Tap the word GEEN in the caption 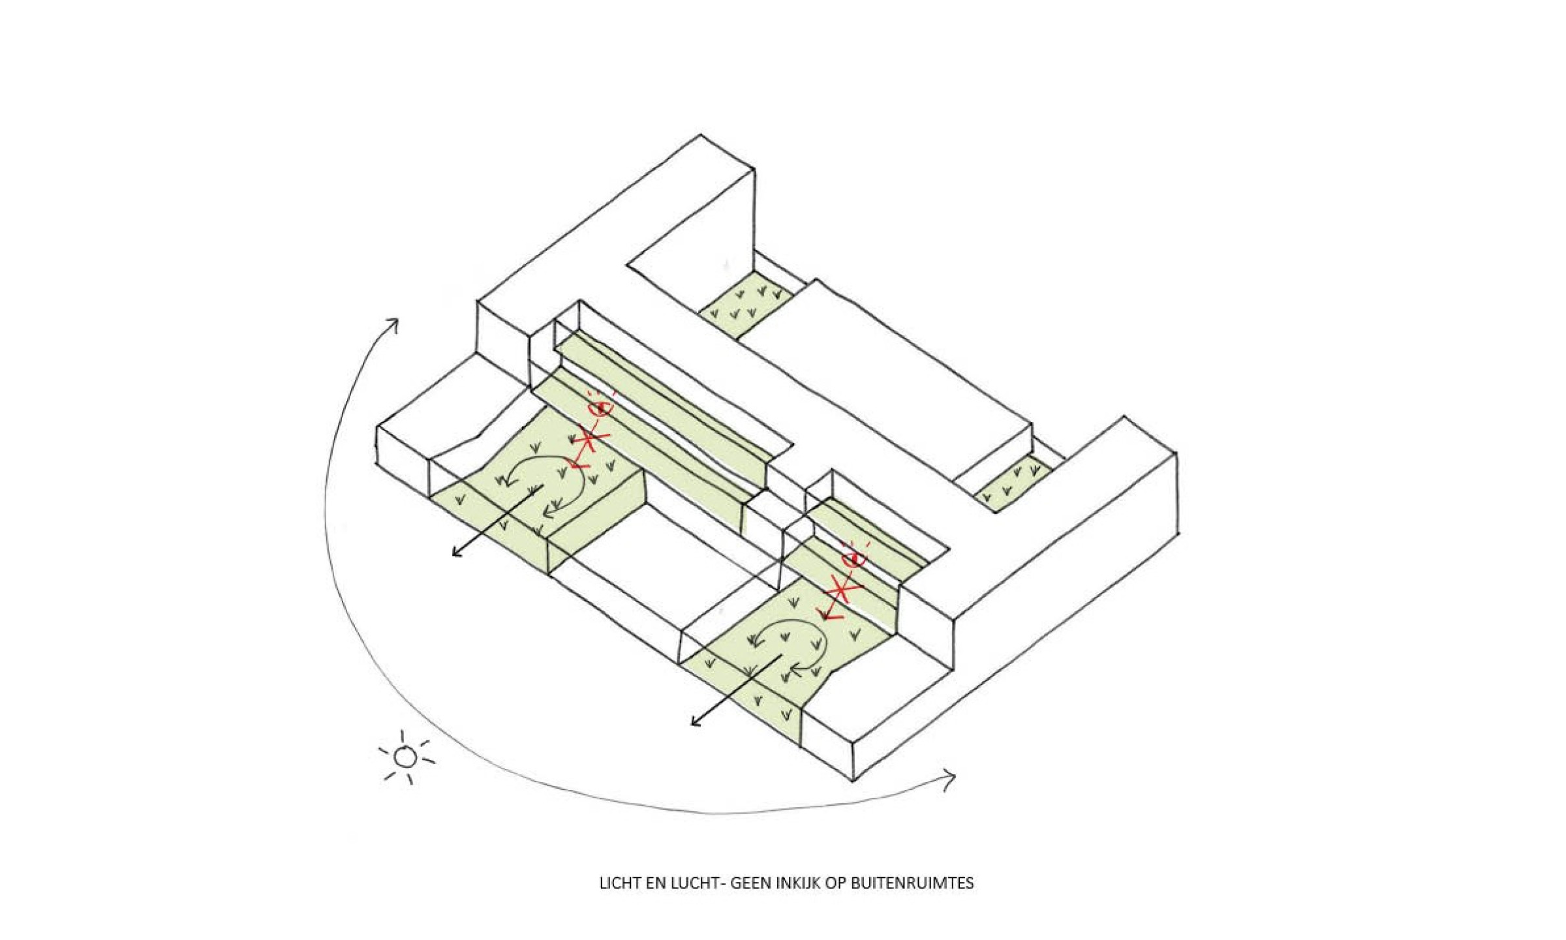750,883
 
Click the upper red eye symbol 600,408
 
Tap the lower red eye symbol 854,558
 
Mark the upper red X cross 589,440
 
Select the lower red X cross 842,592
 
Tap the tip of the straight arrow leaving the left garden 453,556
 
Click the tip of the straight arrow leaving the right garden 692,725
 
